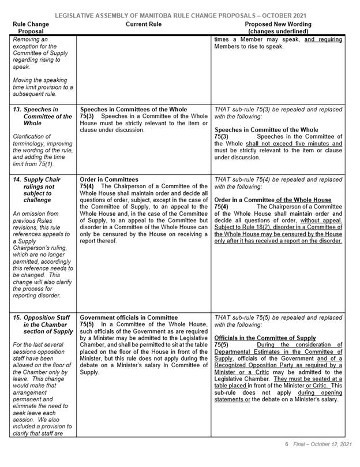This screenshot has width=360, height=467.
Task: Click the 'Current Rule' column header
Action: click(x=143, y=24)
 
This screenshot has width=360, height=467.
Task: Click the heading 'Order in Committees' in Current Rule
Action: click(x=110, y=180)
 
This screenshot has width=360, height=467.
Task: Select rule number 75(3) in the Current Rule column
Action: click(x=87, y=115)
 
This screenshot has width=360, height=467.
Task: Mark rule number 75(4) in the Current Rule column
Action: click(x=87, y=186)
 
